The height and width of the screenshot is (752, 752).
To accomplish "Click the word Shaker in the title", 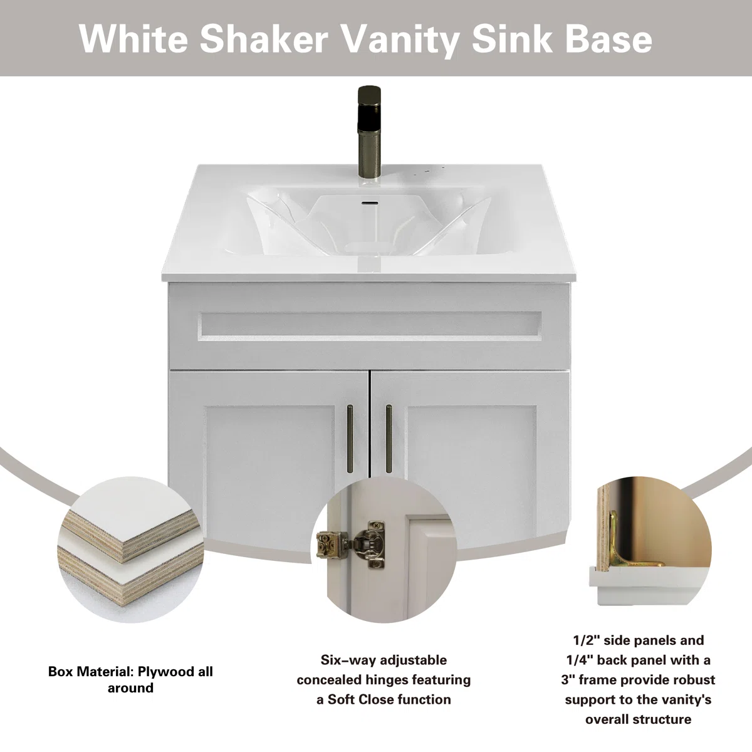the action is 264,39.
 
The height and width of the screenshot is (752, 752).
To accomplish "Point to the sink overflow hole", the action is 370,202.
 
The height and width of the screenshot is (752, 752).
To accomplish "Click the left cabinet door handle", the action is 350,439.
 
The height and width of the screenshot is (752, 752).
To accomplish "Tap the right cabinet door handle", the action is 389,439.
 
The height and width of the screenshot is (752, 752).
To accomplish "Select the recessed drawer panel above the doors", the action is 369,326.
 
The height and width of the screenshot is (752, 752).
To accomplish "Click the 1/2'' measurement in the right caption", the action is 585,640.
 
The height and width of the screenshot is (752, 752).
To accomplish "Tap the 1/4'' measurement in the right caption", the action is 578,660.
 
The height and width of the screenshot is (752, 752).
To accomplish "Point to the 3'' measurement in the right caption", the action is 568,680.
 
